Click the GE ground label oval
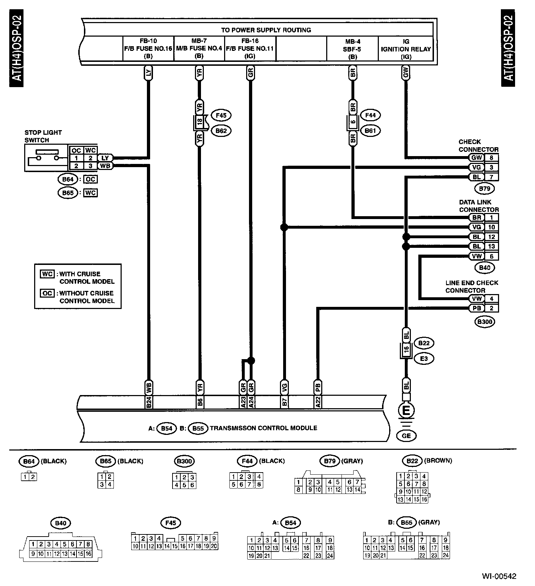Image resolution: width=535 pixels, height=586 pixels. click(x=406, y=436)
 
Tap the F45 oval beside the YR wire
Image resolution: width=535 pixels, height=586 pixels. click(x=221, y=115)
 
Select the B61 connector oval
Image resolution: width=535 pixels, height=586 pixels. click(x=370, y=130)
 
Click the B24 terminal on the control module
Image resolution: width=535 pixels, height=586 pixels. click(x=149, y=402)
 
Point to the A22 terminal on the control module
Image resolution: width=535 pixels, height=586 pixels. click(x=318, y=402)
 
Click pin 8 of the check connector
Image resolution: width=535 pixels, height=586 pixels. click(x=491, y=158)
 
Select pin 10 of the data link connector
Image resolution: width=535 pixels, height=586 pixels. click(x=491, y=227)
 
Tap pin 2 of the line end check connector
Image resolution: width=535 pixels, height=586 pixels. click(x=491, y=308)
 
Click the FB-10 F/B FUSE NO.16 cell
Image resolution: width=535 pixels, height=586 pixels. click(x=148, y=48)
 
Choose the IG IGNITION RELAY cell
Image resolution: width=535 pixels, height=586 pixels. click(x=406, y=49)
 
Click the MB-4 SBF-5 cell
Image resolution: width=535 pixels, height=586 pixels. click(x=352, y=49)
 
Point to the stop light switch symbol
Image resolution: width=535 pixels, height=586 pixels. click(x=46, y=158)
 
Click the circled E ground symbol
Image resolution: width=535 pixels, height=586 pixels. click(x=406, y=411)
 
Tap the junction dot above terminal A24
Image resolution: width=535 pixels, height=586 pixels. click(x=251, y=361)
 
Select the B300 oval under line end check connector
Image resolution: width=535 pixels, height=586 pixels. click(x=485, y=322)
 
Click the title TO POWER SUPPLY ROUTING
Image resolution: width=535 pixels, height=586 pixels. click(x=266, y=30)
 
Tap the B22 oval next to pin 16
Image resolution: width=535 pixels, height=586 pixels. click(x=424, y=343)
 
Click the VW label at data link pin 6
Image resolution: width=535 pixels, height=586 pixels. click(x=476, y=256)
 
